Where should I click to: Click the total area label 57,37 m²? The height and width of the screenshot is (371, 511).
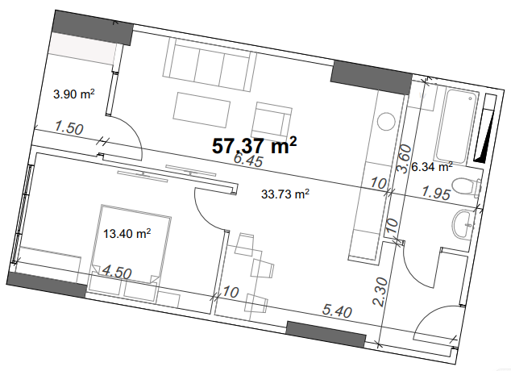[x=254, y=145]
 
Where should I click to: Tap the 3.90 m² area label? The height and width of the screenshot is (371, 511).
[x=73, y=94]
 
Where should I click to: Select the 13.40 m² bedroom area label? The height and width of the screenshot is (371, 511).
[x=127, y=233]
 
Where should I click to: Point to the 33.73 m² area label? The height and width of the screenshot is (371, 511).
[x=285, y=194]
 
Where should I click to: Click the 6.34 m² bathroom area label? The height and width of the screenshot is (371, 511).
[x=432, y=167]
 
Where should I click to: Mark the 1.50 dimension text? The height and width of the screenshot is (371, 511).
[x=69, y=127]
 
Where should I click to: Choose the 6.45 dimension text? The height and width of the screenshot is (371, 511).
[x=249, y=160]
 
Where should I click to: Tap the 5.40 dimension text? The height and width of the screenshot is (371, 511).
[x=337, y=311]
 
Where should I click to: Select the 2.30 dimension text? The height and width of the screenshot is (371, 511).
[x=380, y=292]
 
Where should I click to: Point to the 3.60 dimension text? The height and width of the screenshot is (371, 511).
[x=405, y=159]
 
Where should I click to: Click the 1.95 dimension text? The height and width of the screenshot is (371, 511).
[x=436, y=193]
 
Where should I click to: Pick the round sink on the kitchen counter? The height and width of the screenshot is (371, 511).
[x=387, y=122]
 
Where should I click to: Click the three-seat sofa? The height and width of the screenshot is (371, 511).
[x=210, y=65]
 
